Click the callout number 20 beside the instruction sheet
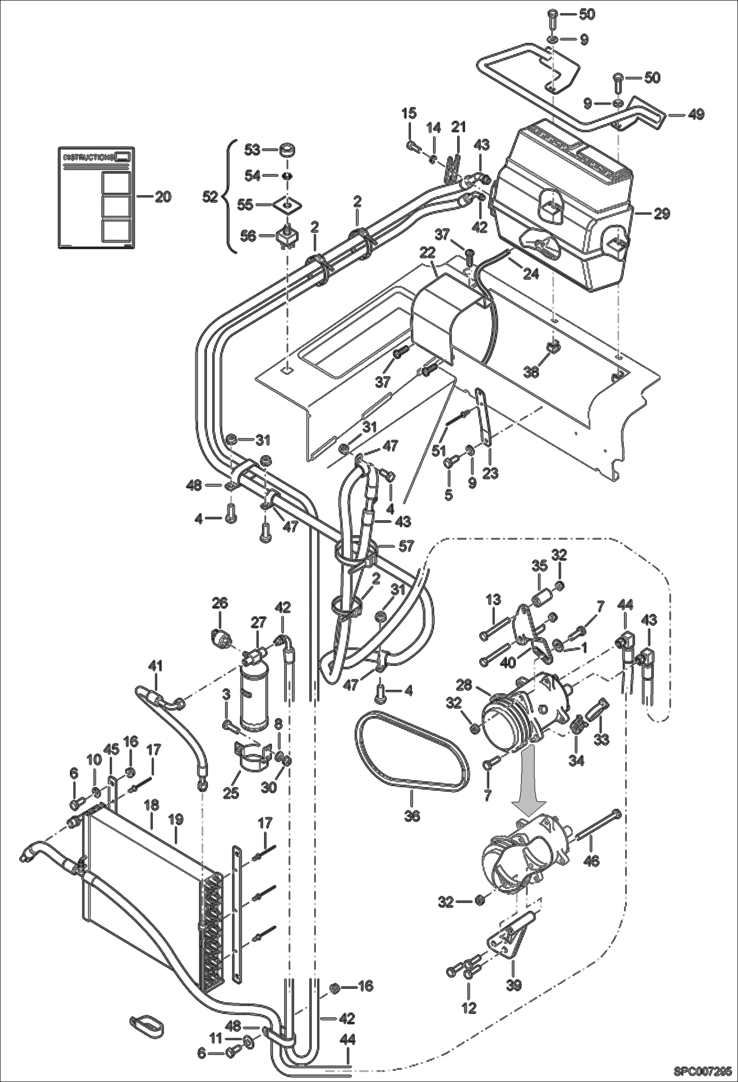pyautogui.click(x=163, y=197)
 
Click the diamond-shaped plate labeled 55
pyautogui.click(x=287, y=204)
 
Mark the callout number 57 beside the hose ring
pyautogui.click(x=407, y=546)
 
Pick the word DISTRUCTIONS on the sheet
pyautogui.click(x=89, y=157)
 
